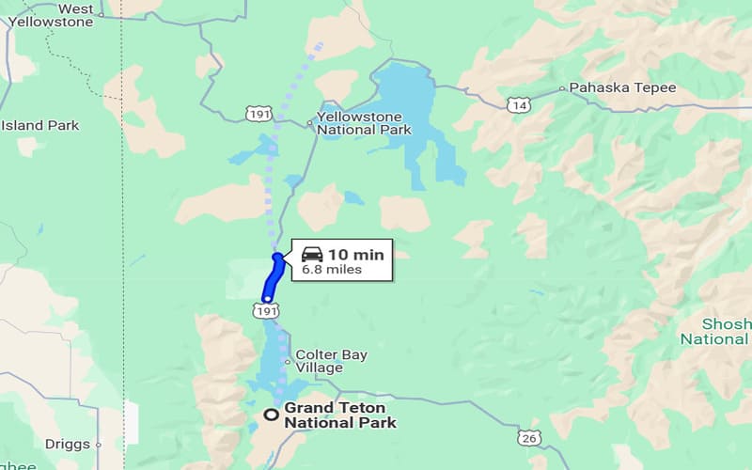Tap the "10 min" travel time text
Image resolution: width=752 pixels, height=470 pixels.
355,254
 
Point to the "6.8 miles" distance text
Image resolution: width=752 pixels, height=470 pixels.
332,270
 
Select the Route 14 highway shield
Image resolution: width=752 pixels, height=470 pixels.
518,105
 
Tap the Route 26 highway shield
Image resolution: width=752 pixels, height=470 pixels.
528,437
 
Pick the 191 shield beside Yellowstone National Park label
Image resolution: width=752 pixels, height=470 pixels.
260,113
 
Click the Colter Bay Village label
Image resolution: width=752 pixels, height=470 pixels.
332,361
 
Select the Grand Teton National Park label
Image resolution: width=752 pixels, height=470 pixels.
340,415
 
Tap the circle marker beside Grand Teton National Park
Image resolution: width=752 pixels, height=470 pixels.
271,415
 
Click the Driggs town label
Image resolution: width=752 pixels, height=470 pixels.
67,444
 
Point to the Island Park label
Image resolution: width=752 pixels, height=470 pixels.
39,125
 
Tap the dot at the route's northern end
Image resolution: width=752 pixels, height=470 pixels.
276,256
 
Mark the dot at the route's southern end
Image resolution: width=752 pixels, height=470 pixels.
267,299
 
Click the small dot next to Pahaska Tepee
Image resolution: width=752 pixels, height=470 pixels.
562,88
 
